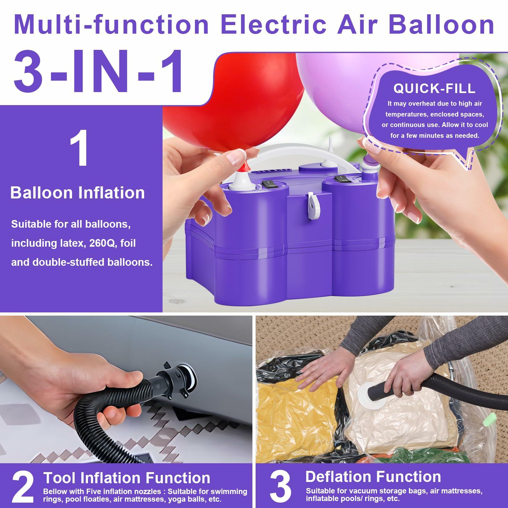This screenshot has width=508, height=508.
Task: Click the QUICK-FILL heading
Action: point(434,89)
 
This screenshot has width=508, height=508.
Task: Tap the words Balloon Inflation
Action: point(77,193)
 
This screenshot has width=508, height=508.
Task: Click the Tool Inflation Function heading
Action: point(127,478)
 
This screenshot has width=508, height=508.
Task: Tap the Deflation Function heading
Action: point(373,477)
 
